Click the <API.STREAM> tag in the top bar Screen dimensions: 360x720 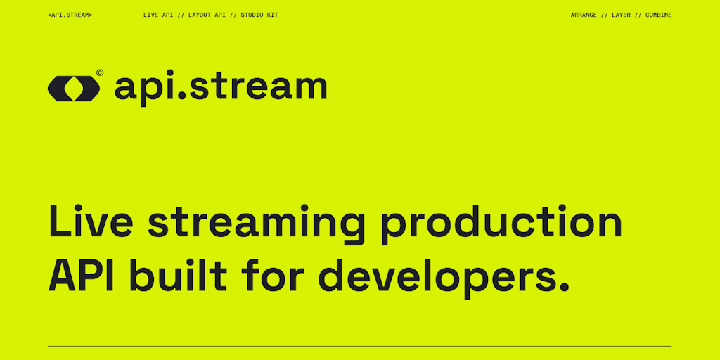[70, 15]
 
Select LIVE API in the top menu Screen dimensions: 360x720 [158, 15]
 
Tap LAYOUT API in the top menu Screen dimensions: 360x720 [207, 15]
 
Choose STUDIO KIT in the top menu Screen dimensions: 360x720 [259, 15]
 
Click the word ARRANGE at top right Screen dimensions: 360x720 [584, 15]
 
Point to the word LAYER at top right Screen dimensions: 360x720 [621, 15]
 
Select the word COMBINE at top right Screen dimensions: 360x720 [658, 15]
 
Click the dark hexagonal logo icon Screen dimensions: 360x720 [74, 88]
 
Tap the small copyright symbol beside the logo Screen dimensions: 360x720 [101, 72]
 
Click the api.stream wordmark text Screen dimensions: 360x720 [220, 87]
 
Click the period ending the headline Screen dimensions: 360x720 [562, 289]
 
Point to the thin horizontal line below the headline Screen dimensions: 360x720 [359, 346]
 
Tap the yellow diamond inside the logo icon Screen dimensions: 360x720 [74, 88]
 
